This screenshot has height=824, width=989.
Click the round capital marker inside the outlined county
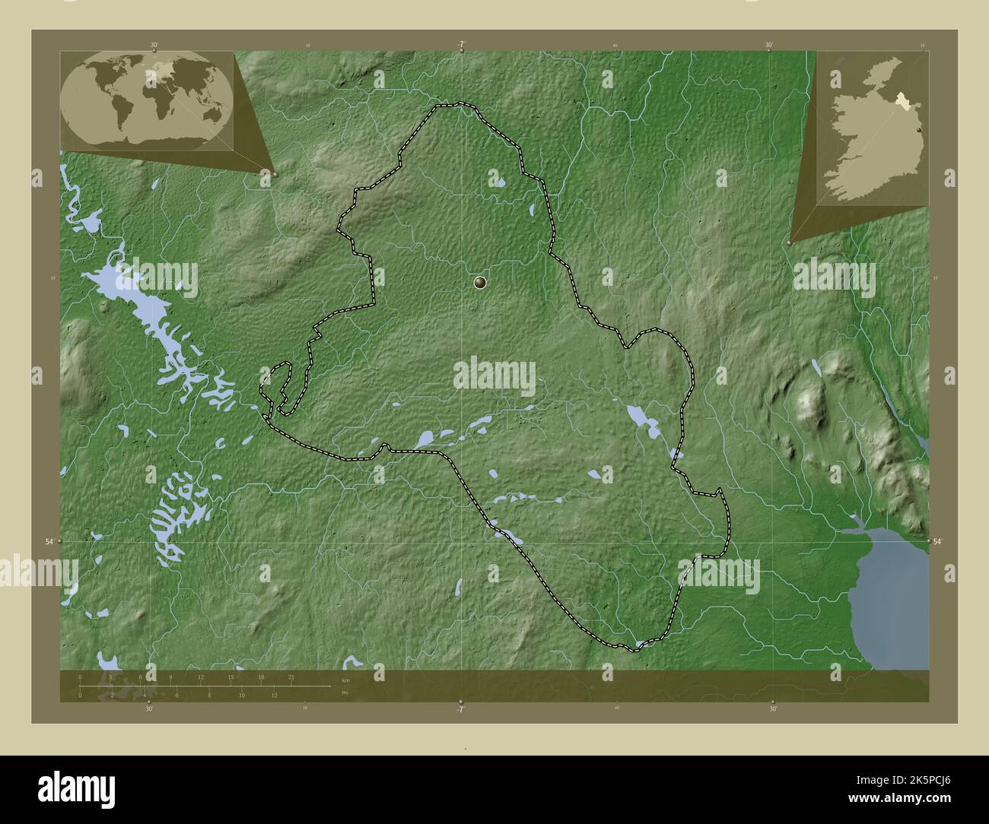(x=479, y=283)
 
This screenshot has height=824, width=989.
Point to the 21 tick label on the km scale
(x=291, y=677)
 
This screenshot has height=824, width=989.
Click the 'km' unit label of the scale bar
(x=345, y=680)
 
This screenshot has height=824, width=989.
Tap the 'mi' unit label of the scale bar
(x=345, y=692)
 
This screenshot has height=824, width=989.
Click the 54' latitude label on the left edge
(x=49, y=541)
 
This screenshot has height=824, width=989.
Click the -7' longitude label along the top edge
(x=461, y=44)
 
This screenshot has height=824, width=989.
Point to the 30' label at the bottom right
(x=773, y=709)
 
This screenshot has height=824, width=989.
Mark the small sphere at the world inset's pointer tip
(x=275, y=174)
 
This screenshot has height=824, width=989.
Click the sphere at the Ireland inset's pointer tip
(x=790, y=242)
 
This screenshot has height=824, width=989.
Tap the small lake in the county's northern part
(x=501, y=182)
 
